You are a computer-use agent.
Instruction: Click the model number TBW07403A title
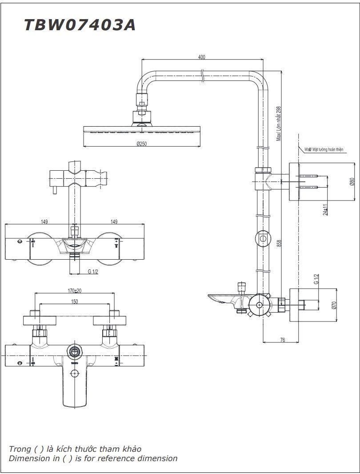click(80, 25)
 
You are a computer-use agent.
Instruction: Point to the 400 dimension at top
click(202, 57)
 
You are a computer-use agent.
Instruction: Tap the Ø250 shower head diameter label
click(142, 144)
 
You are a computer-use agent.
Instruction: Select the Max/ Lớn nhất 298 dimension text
click(279, 123)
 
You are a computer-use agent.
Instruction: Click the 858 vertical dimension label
click(279, 243)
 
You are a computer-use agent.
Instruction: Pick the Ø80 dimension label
click(352, 181)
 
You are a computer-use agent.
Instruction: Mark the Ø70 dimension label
click(334, 305)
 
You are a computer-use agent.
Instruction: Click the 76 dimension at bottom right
click(282, 340)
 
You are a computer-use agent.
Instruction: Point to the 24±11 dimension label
click(325, 209)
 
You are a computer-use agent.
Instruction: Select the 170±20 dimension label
click(75, 291)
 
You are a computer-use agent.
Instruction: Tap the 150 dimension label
click(75, 302)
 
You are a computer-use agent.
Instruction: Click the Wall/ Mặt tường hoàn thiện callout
click(324, 150)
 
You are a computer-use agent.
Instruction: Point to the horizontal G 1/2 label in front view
click(93, 271)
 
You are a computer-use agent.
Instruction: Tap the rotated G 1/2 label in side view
click(316, 279)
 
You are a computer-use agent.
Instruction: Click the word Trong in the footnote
click(20, 449)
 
